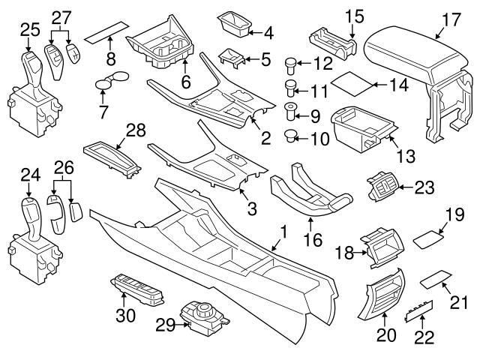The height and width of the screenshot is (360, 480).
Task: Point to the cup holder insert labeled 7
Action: [112, 80]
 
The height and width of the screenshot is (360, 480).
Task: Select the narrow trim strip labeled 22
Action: [417, 313]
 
